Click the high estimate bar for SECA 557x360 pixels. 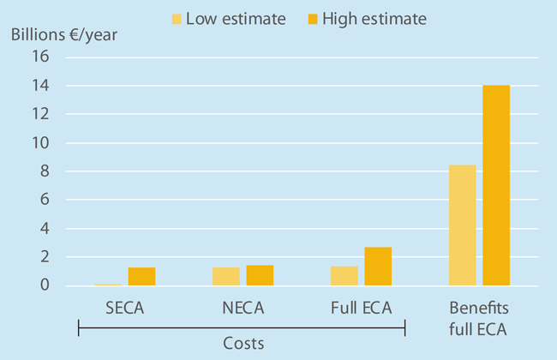point(141,276)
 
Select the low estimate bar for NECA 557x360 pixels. point(226,276)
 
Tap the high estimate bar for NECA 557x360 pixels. point(260,275)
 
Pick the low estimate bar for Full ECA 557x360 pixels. point(344,276)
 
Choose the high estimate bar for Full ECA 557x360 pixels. point(378,267)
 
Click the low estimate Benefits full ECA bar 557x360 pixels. point(462,225)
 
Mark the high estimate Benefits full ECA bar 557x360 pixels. point(495,185)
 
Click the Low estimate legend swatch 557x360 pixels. point(177,18)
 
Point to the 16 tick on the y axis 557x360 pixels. point(41,57)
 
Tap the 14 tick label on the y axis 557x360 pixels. point(41,86)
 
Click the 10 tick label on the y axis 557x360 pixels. point(41,142)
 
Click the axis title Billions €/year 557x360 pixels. point(63,36)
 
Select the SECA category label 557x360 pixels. point(125,308)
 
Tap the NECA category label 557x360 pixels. point(243,308)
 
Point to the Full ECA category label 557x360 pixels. point(361,308)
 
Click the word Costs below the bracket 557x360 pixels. point(241,343)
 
